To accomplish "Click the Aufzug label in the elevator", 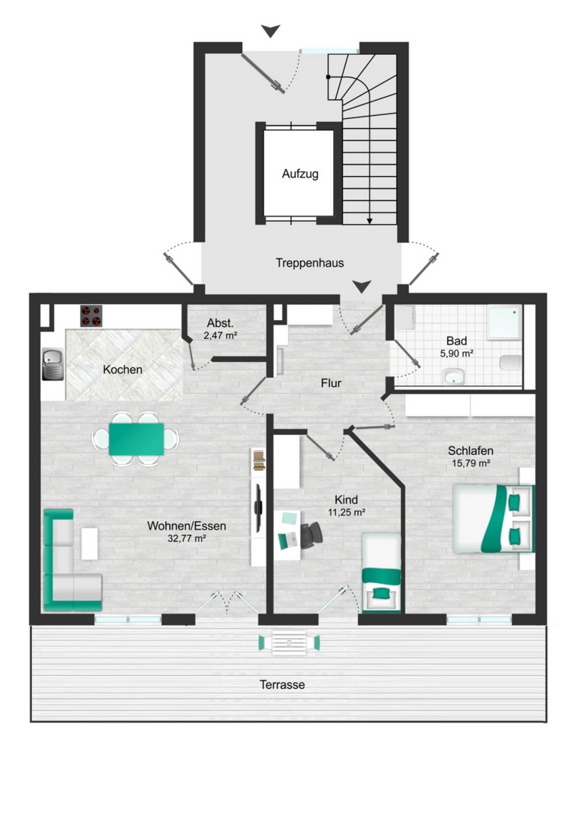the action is pos(299,174).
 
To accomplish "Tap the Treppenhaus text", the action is pos(309,263).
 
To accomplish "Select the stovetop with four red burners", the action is pos(91,315).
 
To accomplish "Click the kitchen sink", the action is pos(53,363).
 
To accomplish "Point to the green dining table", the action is pos(136,440).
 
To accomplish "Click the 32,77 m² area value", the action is pos(187,539).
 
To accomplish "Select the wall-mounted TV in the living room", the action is pos(258,507).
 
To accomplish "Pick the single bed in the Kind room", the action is pos(382,572).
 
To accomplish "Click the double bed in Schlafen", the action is pos(494,519).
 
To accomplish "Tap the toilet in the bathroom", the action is pos(510,363).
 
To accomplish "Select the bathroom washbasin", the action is pos(453,376).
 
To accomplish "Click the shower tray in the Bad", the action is pos(504,322).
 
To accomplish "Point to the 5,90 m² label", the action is pos(456,354).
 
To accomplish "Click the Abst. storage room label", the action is pos(220,323).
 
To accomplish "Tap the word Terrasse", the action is pos(282,684).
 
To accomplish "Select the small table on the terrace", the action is pos(289,642).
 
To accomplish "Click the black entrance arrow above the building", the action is pos(270,31).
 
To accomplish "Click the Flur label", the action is pos(331,383).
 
